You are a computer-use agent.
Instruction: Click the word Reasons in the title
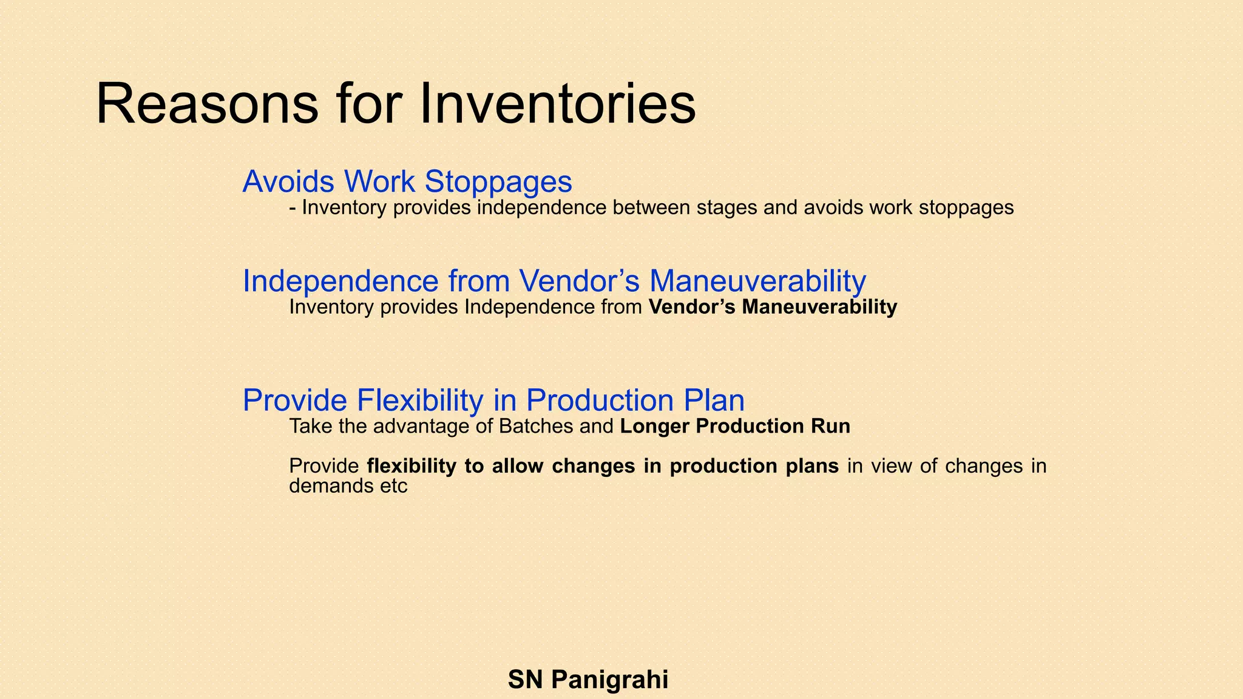point(207,105)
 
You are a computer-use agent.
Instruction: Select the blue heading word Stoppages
point(498,181)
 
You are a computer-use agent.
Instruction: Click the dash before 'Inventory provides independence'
point(293,208)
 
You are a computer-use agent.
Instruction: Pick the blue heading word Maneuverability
point(757,281)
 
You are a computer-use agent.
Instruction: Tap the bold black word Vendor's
point(693,307)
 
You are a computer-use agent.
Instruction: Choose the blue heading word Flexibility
point(419,400)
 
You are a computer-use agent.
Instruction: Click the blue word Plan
point(714,400)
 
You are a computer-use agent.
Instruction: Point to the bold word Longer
point(655,427)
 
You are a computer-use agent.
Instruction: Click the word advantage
point(422,427)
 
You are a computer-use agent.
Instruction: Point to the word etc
point(393,486)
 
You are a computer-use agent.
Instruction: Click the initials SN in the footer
point(525,680)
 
